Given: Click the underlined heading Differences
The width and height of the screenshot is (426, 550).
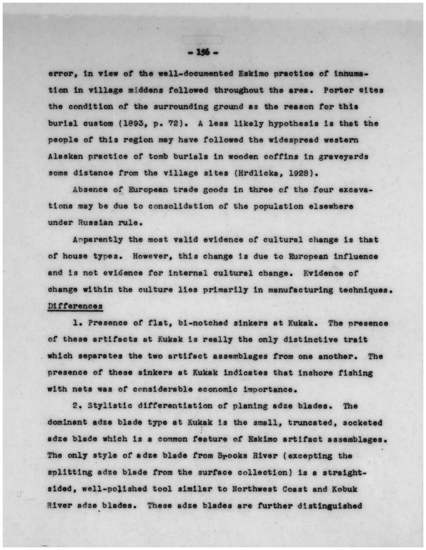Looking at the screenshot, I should [x=75, y=306].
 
